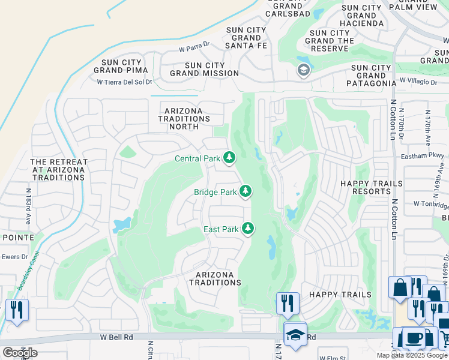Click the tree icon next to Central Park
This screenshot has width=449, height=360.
(229, 158)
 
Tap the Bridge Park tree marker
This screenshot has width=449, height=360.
(245, 191)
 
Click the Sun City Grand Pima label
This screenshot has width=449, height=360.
(116, 65)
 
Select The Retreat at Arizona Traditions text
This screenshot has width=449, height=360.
(59, 166)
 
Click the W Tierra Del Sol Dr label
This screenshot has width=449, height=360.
(125, 82)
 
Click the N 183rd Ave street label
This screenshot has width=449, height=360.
(28, 206)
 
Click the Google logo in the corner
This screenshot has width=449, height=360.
(20, 352)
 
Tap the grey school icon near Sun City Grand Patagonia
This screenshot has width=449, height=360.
(304, 70)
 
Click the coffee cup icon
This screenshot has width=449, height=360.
(414, 338)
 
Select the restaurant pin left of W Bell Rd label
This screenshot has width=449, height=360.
(17, 310)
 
